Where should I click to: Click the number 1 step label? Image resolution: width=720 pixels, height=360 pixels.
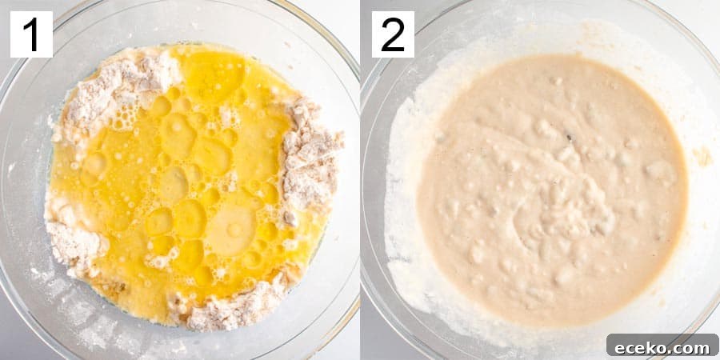click(x=32, y=34)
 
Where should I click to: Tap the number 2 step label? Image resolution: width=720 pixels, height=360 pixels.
click(x=393, y=34)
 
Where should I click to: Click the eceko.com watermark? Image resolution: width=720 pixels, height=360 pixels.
click(x=662, y=347)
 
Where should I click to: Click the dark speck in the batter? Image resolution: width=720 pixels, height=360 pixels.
click(x=570, y=137)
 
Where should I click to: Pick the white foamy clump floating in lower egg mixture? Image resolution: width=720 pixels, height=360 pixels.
click(x=158, y=261)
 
